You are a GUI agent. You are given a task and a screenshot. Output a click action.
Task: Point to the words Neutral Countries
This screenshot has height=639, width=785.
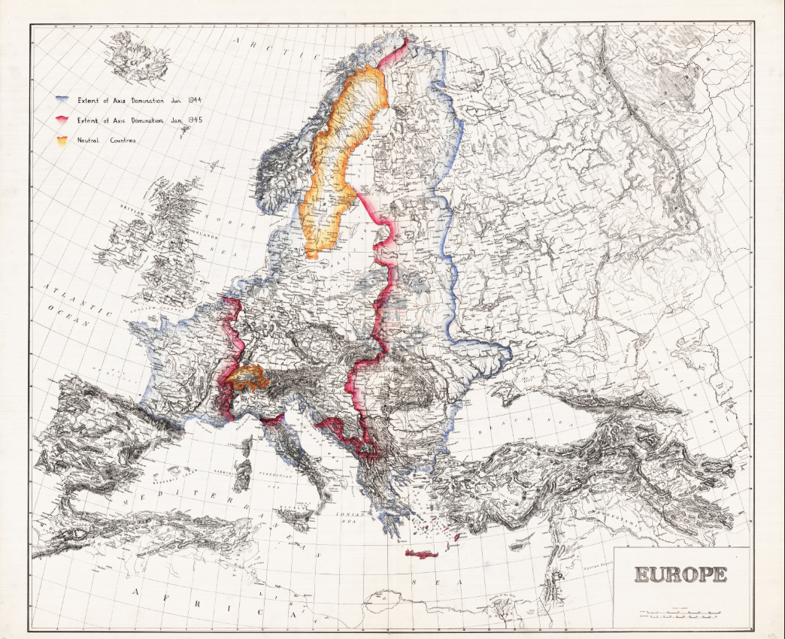coord(106,141)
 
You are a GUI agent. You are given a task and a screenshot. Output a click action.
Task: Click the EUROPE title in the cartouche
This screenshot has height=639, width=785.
coord(680,575)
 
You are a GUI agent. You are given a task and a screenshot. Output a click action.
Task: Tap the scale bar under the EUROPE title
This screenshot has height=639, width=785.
coord(680,614)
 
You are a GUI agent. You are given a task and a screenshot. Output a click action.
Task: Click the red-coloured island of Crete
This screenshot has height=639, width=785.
coord(421,554)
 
